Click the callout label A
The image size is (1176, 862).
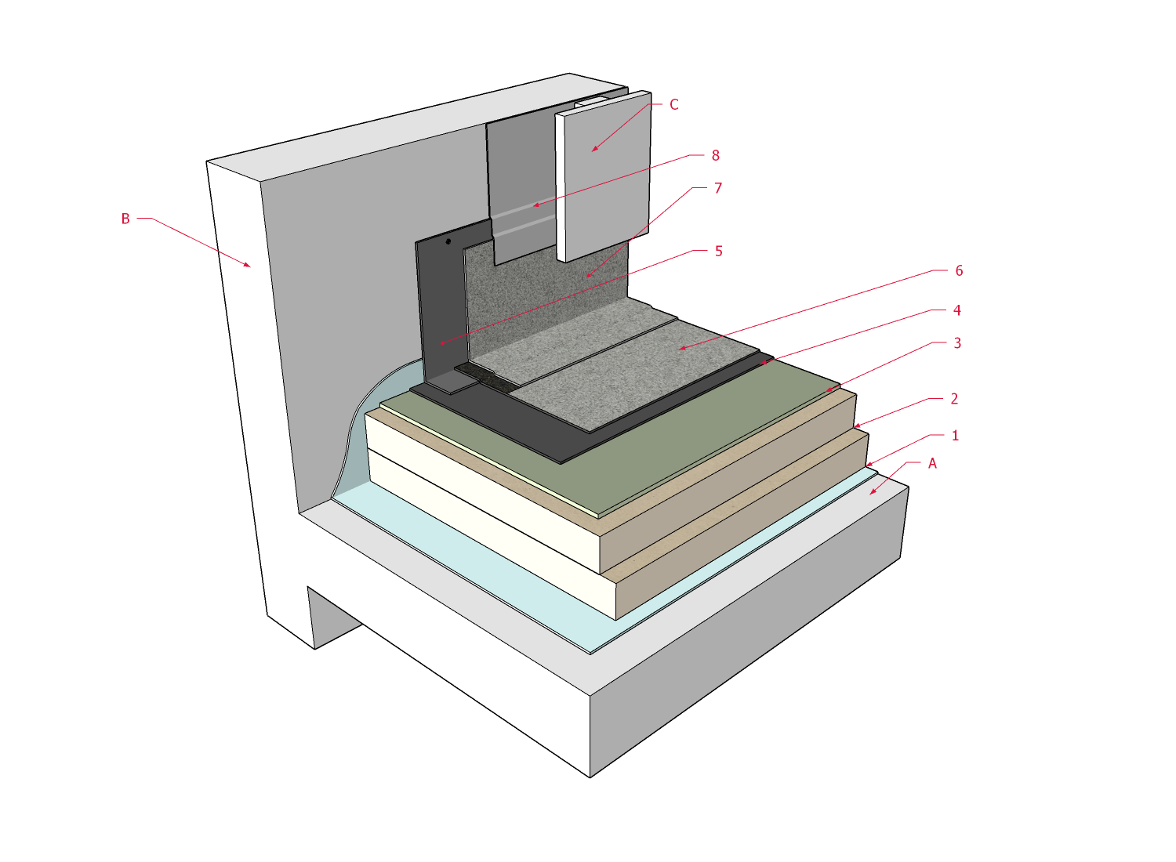point(932,464)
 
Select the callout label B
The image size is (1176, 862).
point(125,219)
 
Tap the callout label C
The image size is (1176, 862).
point(674,104)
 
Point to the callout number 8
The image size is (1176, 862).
point(715,155)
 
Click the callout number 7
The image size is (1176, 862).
point(717,188)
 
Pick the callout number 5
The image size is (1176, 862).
point(718,252)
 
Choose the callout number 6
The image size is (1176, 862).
point(958,270)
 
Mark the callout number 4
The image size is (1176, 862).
point(956,310)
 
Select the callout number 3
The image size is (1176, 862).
point(956,343)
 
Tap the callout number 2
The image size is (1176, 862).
point(954,399)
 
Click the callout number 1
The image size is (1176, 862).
point(955,436)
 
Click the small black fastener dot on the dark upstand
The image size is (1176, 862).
point(448,241)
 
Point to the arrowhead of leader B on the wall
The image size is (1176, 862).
point(249,266)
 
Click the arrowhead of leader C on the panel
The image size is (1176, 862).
point(593,150)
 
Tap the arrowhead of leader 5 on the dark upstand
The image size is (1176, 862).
point(441,343)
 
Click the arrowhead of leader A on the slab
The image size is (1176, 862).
point(871,494)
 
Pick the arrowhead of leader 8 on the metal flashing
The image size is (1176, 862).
point(535,206)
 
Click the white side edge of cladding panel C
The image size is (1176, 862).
point(561,188)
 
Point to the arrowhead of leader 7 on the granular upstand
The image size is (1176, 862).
point(586,277)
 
